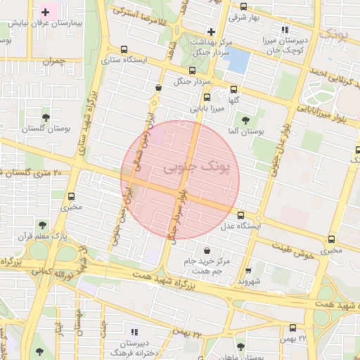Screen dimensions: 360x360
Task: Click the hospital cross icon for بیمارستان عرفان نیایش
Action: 46,13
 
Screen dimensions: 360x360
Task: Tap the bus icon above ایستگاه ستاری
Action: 124,50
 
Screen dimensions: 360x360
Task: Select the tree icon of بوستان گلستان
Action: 46,117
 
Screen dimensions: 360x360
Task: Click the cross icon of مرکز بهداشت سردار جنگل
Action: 211,32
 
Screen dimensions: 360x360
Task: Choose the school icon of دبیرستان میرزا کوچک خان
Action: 285,30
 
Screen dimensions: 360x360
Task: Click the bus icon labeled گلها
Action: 233,89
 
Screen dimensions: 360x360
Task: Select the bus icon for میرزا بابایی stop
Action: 207,98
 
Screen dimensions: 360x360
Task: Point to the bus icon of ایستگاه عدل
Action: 241,215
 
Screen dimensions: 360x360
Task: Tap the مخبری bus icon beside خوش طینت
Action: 330,238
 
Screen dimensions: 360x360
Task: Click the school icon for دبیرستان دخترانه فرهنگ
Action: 134,331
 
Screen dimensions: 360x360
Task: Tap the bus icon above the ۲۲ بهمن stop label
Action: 293,328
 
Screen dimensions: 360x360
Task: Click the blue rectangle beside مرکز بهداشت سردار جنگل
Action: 238,62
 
